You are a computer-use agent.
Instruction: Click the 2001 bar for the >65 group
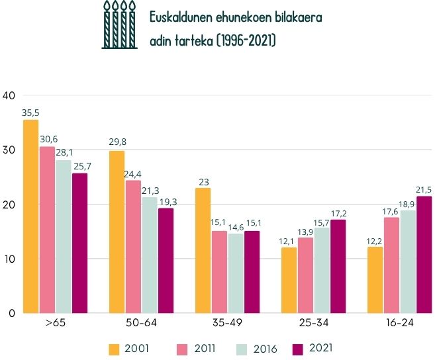(30, 216)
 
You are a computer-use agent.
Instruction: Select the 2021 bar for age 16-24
(424, 254)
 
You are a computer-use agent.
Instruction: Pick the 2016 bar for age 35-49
(236, 273)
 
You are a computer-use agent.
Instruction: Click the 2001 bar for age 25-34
(289, 280)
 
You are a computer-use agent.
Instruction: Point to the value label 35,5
(30, 113)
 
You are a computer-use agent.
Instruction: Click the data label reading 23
(203, 182)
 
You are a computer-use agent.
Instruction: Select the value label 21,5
(424, 190)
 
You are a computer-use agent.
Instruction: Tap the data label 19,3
(166, 202)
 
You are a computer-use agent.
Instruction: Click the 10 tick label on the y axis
(9, 259)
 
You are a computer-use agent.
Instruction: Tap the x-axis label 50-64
(141, 326)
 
